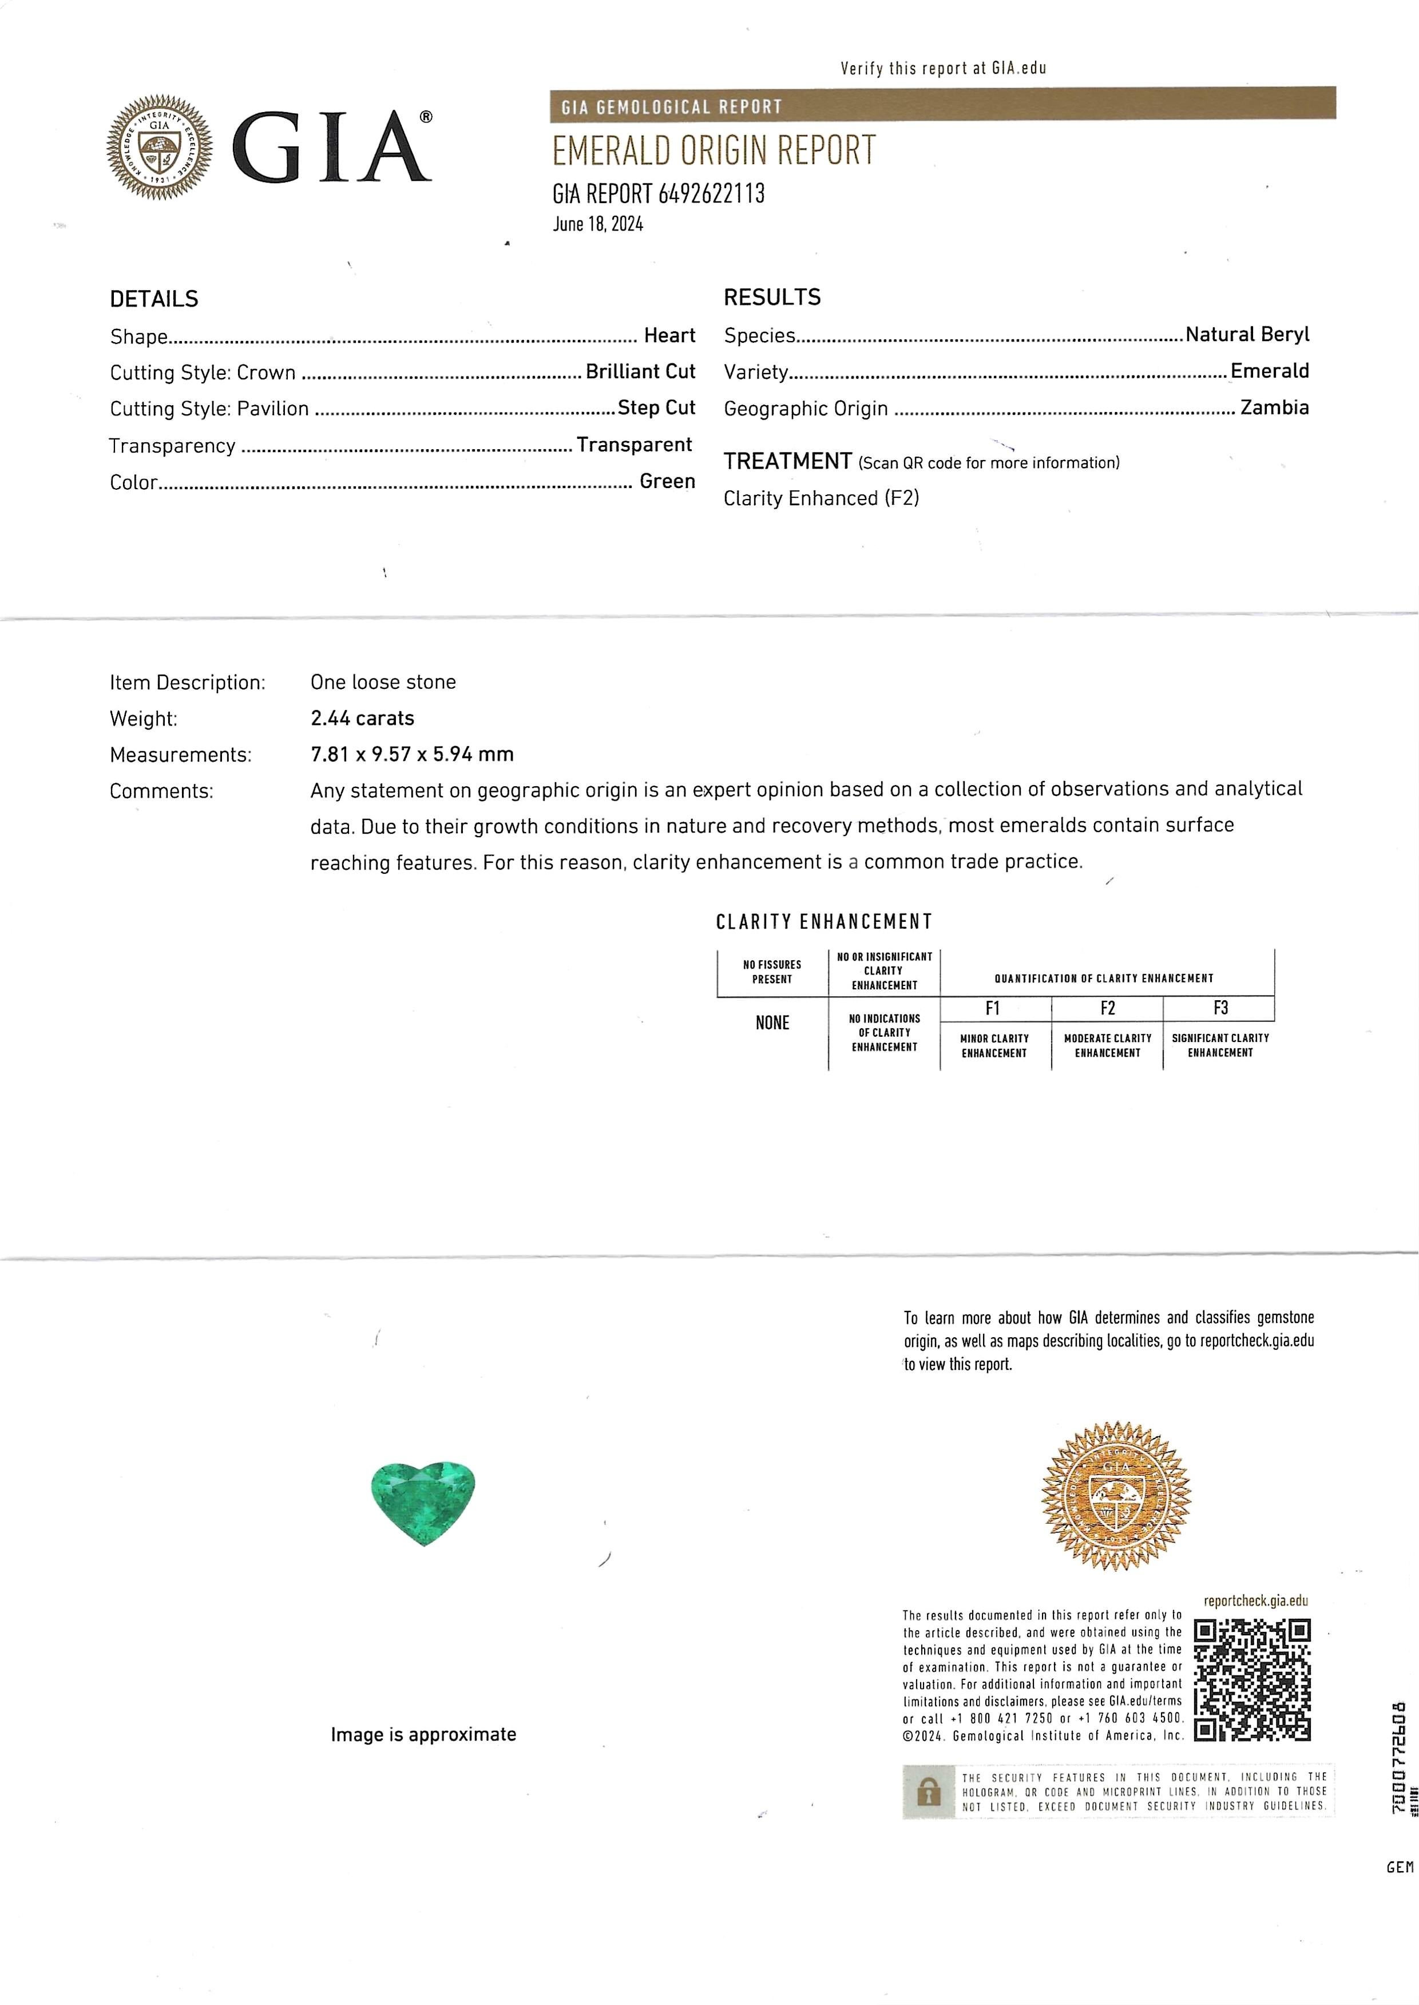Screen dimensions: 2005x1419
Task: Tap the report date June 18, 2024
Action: tap(598, 224)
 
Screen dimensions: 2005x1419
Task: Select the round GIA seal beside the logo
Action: tap(159, 147)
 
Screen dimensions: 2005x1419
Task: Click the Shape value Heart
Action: tap(669, 335)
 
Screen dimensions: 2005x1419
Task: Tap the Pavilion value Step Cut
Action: tap(656, 408)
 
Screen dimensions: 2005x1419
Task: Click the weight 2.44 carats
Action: tap(362, 718)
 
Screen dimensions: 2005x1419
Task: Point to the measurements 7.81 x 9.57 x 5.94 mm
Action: tap(411, 754)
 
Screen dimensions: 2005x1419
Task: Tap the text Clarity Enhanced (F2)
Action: tap(821, 498)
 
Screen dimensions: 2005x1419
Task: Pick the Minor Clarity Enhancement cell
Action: tap(994, 1046)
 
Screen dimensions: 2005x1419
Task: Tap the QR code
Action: tap(1252, 1679)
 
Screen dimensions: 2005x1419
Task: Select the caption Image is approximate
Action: tap(423, 1734)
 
